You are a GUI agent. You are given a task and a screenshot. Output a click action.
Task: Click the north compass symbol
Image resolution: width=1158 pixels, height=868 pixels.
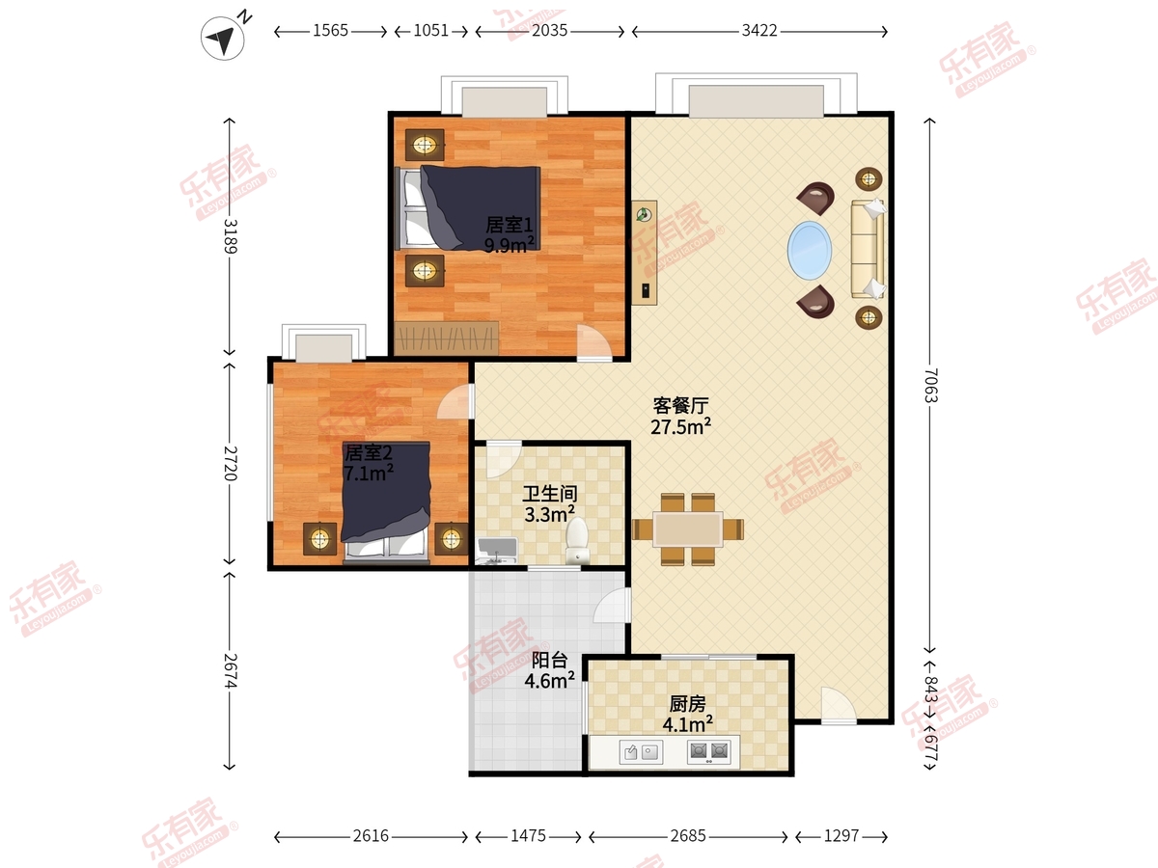click(223, 38)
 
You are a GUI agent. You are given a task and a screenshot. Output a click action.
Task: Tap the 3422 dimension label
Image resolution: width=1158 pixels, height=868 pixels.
click(759, 31)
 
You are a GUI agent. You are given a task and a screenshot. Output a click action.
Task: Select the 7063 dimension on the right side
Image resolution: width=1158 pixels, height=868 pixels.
click(931, 385)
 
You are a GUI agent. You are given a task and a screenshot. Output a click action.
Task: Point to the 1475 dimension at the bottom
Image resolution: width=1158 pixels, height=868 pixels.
click(528, 836)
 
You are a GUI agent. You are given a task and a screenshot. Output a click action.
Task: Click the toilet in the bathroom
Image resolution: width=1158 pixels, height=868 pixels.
click(577, 540)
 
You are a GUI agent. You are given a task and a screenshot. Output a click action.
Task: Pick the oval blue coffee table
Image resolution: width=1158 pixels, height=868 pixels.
click(810, 251)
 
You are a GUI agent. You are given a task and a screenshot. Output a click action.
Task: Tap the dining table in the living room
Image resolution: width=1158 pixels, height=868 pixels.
click(687, 529)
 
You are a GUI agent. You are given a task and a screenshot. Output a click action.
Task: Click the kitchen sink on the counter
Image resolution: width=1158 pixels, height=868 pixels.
click(641, 752)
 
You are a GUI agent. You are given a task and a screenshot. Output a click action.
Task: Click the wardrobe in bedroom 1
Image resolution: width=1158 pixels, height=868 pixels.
click(447, 338)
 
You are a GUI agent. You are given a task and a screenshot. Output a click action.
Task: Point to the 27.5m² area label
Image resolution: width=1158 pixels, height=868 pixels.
click(680, 426)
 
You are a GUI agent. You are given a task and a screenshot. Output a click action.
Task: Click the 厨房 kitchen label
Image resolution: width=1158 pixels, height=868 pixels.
click(687, 704)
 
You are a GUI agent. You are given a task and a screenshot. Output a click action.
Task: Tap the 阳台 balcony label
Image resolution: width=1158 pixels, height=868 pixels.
click(549, 660)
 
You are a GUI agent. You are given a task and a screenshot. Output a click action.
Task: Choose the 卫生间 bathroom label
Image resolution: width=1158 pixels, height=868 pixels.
click(550, 494)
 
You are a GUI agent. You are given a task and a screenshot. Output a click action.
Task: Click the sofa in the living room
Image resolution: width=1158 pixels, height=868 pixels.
click(868, 249)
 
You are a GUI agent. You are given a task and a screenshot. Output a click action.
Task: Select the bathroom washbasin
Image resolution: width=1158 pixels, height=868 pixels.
click(496, 551)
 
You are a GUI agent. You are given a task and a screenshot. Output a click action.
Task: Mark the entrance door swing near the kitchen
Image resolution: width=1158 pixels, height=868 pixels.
click(839, 705)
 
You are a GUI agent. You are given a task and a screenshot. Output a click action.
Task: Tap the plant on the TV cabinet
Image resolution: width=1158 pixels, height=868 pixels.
click(644, 214)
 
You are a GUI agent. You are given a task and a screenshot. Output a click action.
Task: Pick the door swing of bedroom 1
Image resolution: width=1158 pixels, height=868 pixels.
click(594, 342)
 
